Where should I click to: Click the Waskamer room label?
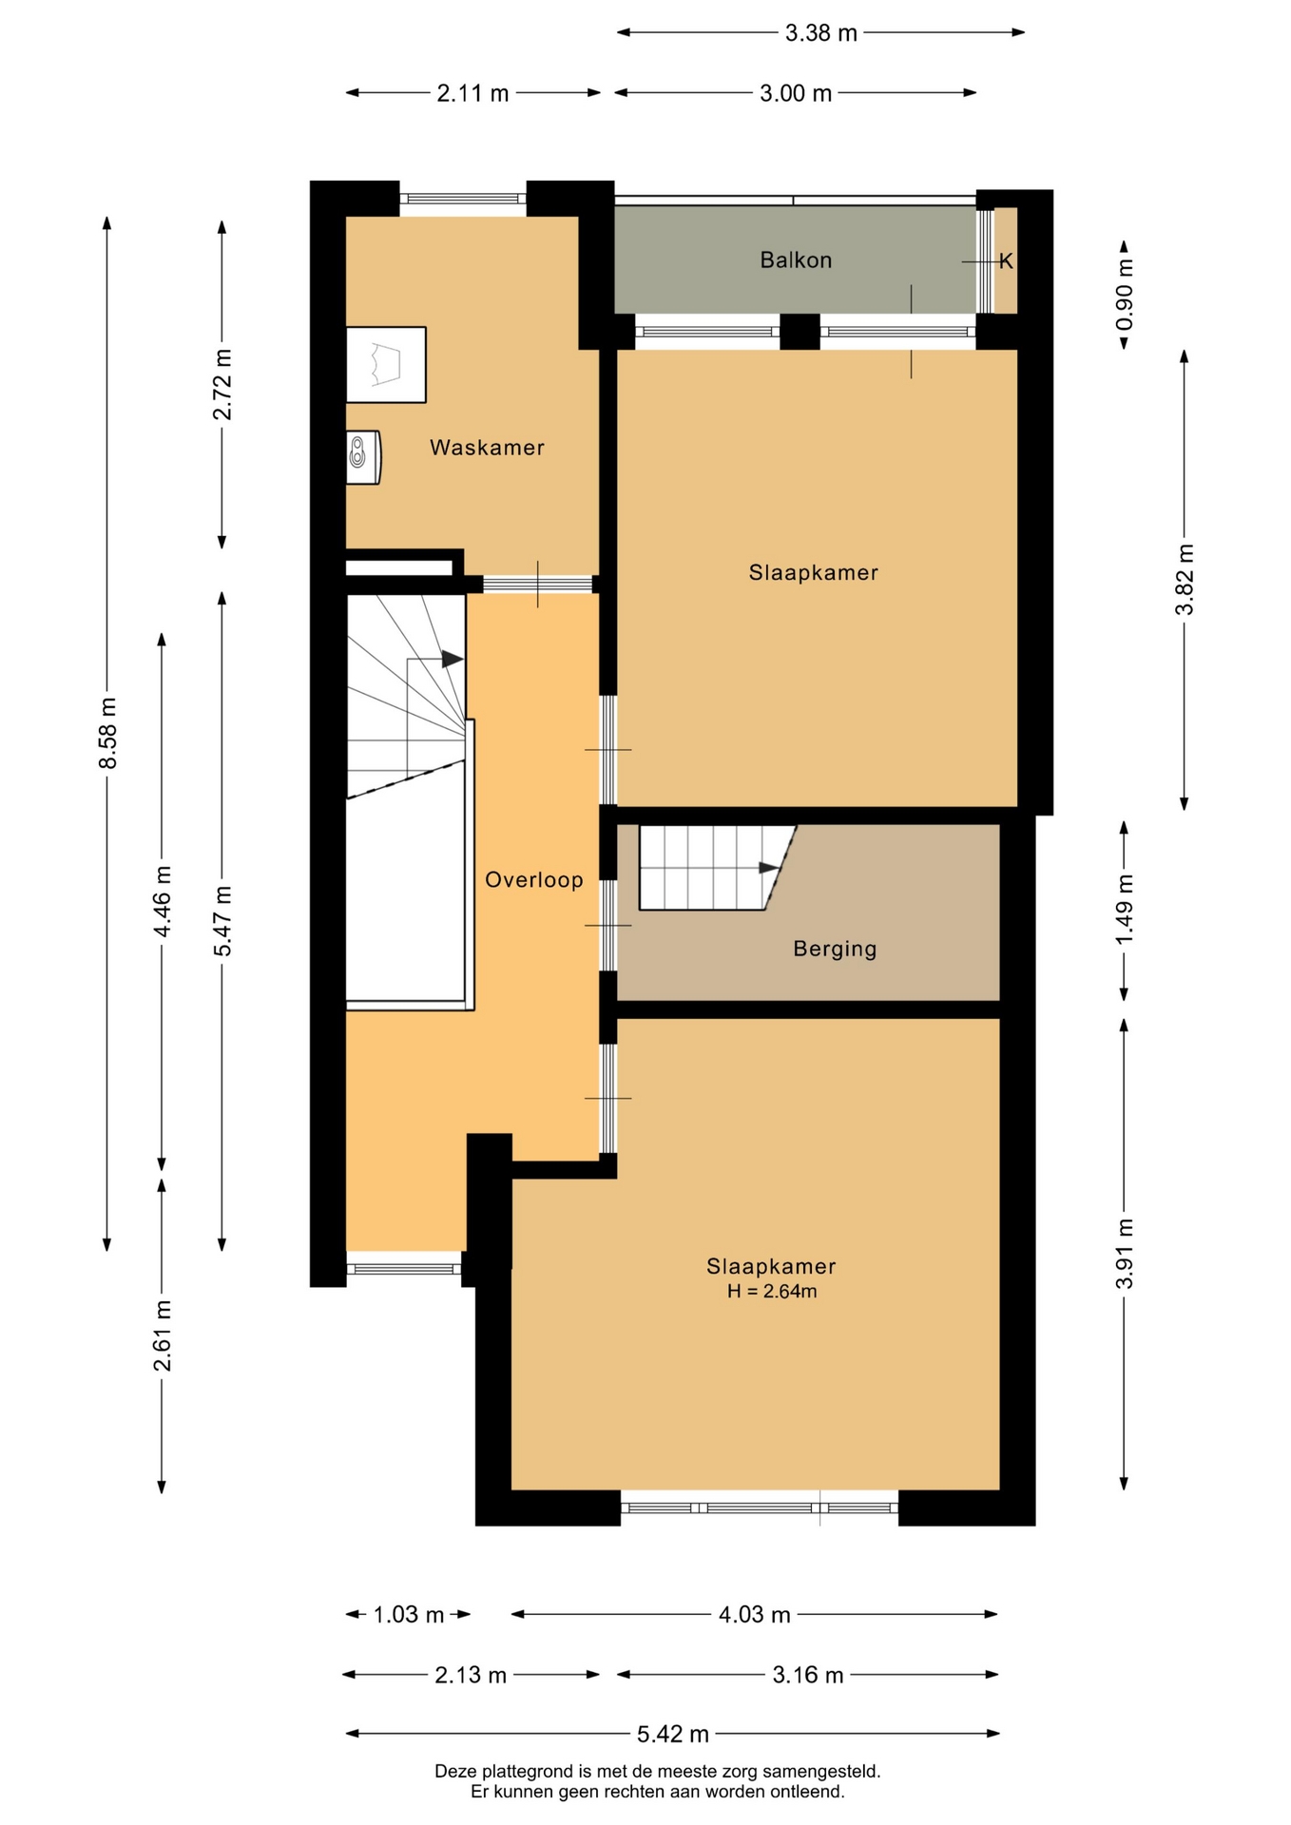coord(487,447)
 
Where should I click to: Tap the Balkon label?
coord(796,259)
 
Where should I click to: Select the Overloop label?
coord(534,880)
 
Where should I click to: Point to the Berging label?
coord(835,949)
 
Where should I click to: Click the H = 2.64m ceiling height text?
coord(772,1291)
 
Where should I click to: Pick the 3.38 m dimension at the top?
coord(821,33)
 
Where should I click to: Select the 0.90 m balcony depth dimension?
coord(1125,295)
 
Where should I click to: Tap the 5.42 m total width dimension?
coord(673,1734)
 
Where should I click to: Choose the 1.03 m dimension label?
coord(409,1614)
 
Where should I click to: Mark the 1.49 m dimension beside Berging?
coord(1125,910)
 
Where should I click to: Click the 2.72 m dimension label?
coord(222,385)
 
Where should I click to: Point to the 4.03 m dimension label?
coord(755,1614)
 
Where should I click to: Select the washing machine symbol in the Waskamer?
coord(386,365)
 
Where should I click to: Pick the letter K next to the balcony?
coord(1006,260)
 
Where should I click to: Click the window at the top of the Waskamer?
coord(463,199)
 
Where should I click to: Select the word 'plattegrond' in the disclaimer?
coord(527,1771)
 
